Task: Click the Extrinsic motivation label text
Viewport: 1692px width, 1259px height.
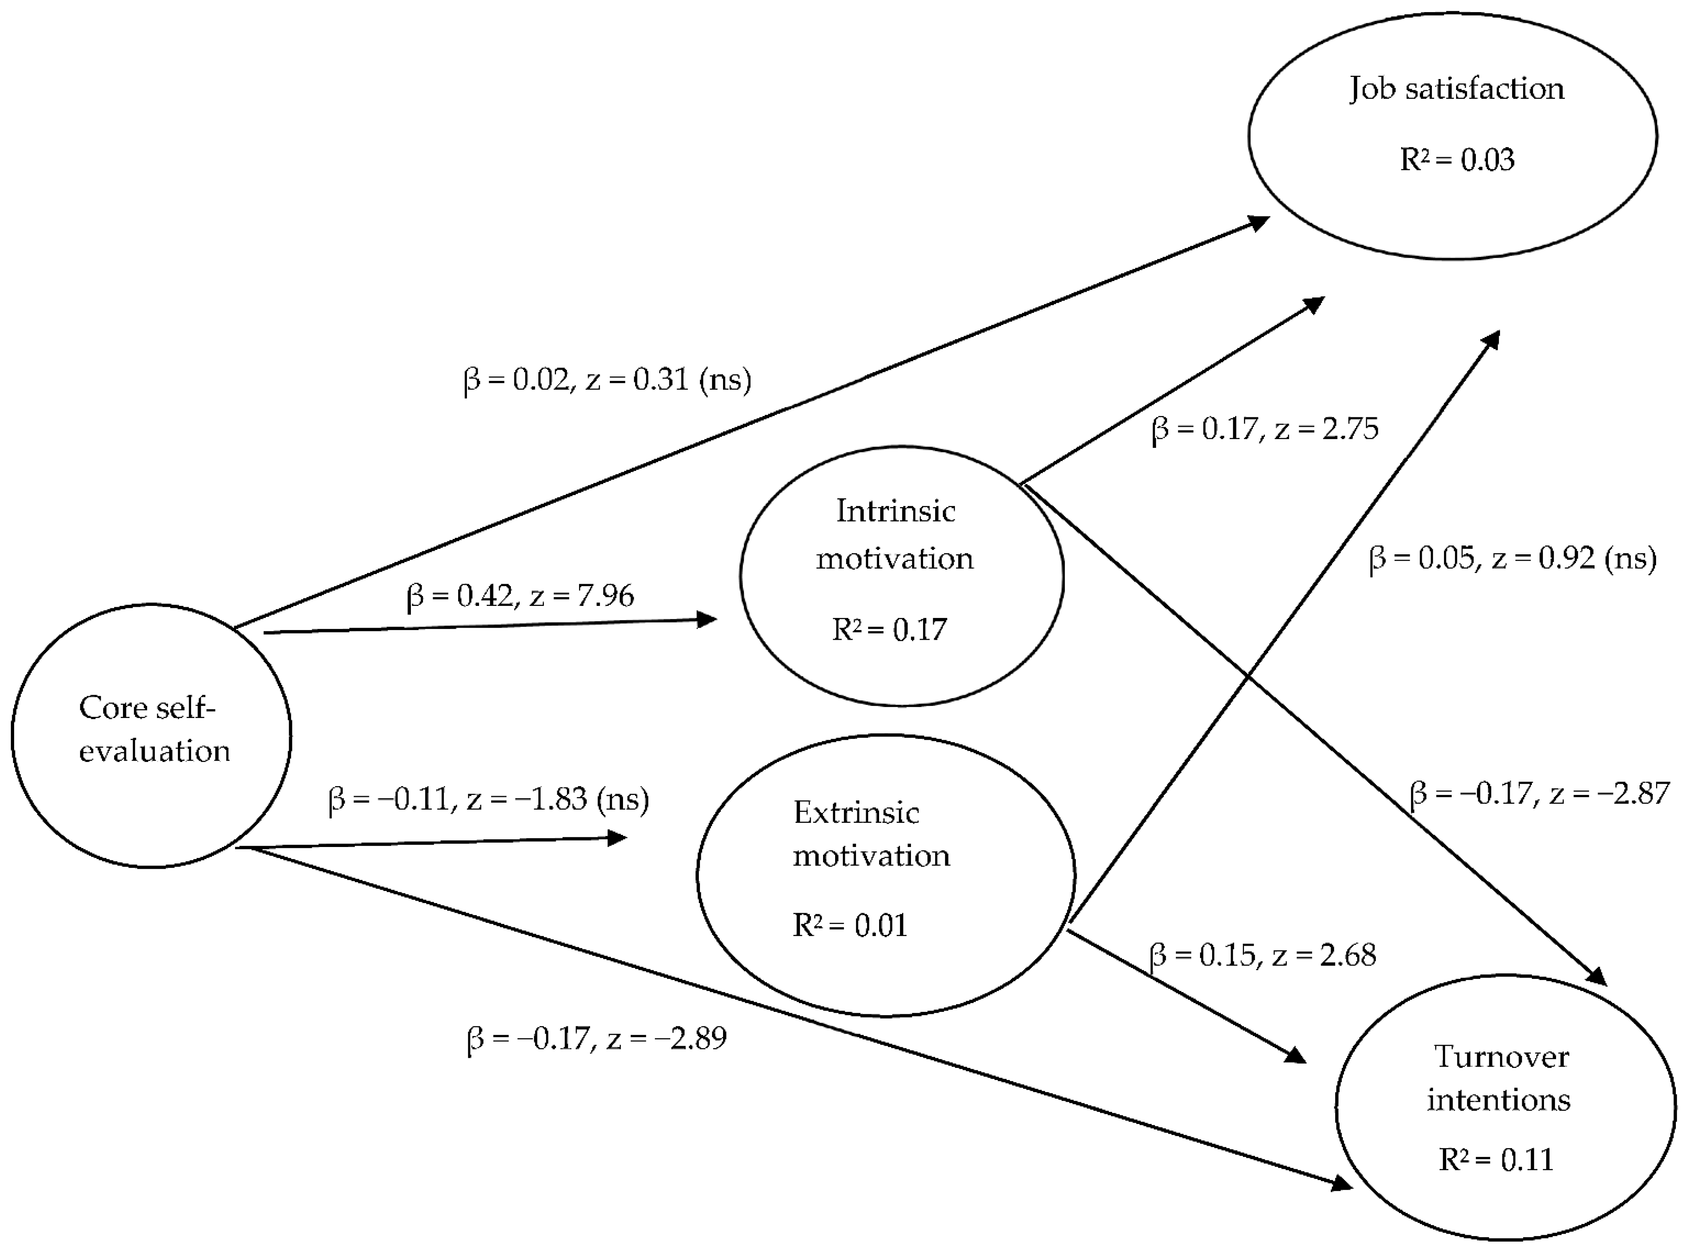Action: click(871, 834)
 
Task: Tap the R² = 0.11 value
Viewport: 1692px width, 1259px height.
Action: click(1495, 1159)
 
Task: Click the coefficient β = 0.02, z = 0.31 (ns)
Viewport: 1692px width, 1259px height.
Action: click(607, 379)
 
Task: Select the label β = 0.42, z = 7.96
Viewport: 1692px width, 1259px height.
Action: click(520, 595)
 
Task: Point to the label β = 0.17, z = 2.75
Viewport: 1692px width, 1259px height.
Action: click(1265, 429)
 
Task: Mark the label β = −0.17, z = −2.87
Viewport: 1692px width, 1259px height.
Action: click(1539, 793)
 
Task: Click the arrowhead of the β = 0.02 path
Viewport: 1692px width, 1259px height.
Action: click(1259, 222)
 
